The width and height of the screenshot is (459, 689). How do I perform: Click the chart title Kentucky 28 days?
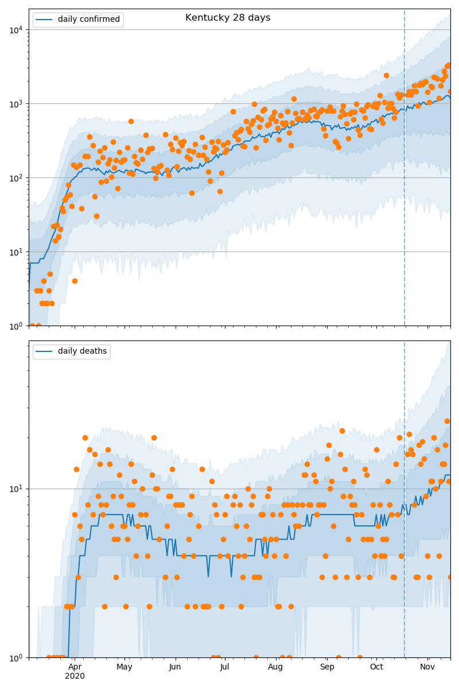[x=228, y=18]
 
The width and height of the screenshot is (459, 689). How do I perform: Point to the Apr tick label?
[x=75, y=667]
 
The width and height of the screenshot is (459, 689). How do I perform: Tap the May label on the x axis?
[x=125, y=667]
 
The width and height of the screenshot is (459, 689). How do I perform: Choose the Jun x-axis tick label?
[x=175, y=667]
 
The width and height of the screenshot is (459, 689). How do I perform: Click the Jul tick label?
[x=224, y=667]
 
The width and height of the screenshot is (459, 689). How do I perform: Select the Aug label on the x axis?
[x=275, y=667]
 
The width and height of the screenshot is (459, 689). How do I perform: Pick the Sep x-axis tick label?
[x=327, y=667]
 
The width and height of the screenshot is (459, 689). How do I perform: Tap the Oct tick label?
[x=376, y=667]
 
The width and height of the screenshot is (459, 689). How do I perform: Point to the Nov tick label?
[x=427, y=667]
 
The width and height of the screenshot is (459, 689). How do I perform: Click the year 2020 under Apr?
[x=75, y=676]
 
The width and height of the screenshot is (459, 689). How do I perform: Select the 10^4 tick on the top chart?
[x=14, y=29]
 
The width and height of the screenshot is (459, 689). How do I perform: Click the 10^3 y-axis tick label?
[x=14, y=103]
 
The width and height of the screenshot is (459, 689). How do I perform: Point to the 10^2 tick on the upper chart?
[x=14, y=177]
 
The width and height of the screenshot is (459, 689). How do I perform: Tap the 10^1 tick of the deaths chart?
[x=14, y=489]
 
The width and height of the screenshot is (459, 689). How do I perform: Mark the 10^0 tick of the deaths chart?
[x=14, y=657]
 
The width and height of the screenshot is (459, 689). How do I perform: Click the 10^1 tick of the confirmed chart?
[x=14, y=251]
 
